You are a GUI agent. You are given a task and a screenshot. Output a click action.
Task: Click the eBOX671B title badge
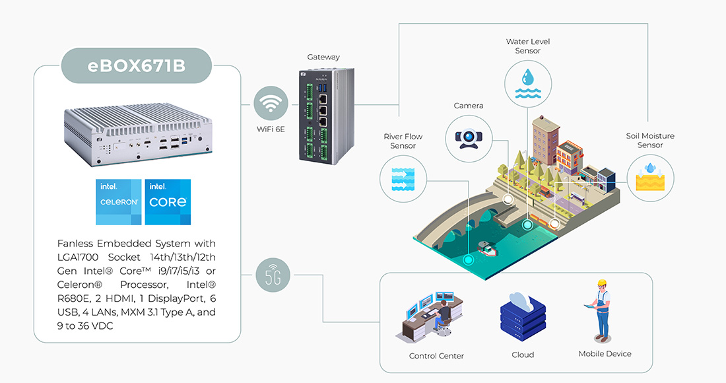click(137, 65)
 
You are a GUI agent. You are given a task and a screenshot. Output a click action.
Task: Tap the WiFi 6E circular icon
click(271, 105)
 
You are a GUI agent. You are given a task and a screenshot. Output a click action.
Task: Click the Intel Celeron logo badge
click(119, 201)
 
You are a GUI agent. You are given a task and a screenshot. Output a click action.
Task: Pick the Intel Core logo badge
click(168, 201)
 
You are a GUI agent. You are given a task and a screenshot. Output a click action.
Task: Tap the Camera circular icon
click(469, 137)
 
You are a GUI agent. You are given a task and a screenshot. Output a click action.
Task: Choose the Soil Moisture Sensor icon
click(650, 176)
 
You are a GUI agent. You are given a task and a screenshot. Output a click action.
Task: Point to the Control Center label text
click(436, 356)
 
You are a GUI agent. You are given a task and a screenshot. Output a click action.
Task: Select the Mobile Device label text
click(605, 354)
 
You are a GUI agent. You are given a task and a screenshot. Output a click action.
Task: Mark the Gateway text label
click(323, 57)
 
